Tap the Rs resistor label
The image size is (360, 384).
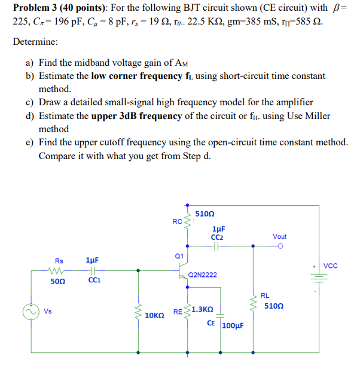(59, 261)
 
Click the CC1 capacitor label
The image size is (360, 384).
(93, 280)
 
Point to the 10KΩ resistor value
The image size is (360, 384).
(154, 315)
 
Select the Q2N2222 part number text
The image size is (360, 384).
(202, 275)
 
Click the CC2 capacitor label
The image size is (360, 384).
(218, 236)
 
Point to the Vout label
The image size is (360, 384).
(279, 237)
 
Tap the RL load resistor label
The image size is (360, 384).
(264, 295)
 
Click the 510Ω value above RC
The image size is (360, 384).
(205, 213)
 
